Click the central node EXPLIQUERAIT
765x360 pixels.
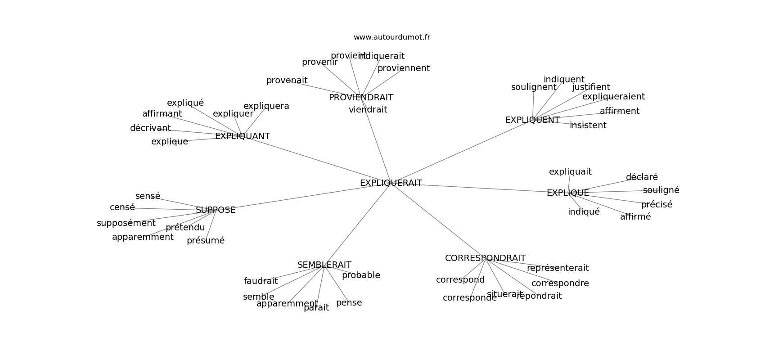tap(391, 183)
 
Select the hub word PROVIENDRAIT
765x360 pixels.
tap(361, 98)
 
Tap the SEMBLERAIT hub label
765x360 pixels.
tap(324, 265)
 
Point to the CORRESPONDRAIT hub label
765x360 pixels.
tap(485, 258)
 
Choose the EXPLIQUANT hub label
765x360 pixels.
tap(242, 136)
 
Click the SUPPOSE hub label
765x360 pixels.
tap(216, 210)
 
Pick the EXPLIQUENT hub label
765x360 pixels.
tap(532, 120)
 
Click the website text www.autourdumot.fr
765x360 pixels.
tap(391, 37)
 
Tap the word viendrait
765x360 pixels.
tap(368, 110)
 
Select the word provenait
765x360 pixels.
tap(287, 81)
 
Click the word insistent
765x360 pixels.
tap(588, 126)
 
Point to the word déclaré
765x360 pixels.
tap(642, 177)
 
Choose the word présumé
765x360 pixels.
tap(205, 241)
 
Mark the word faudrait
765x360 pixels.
tap(261, 281)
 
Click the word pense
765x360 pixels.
tap(349, 303)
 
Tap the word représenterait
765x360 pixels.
tap(558, 268)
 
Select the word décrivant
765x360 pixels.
tap(150, 128)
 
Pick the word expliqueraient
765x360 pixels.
tap(613, 97)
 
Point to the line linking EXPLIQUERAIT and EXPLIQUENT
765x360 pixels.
tap(459, 153)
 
